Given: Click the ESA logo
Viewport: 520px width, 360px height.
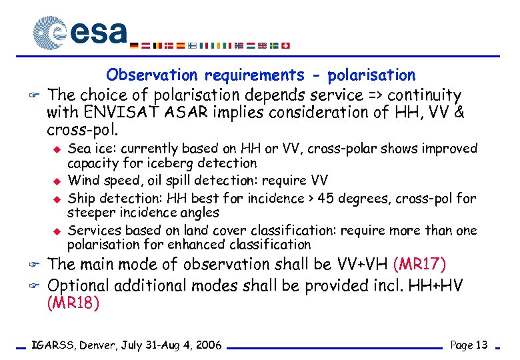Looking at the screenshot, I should click(80, 32).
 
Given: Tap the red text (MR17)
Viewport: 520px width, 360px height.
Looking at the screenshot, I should click(420, 265).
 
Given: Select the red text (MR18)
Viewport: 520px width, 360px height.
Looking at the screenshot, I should click(73, 303).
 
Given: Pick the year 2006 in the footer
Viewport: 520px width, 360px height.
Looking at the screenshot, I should click(207, 345).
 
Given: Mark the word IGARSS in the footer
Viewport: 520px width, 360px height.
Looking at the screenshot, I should click(54, 345).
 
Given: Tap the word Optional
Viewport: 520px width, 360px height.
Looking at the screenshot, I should click(80, 285).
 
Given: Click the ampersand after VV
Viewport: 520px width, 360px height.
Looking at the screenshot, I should click(458, 113).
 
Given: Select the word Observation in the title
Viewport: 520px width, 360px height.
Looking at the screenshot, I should click(152, 75).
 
